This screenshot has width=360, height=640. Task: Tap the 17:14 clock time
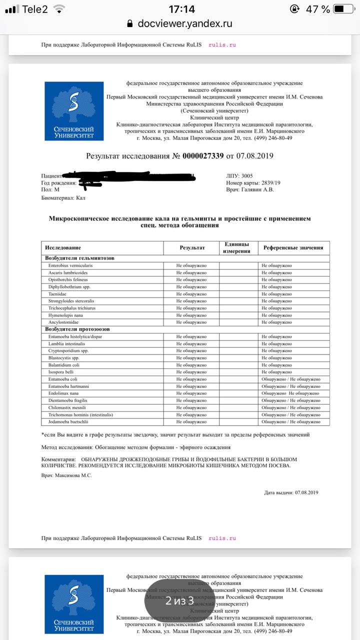(x=181, y=9)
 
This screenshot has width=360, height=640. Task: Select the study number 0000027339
(x=203, y=156)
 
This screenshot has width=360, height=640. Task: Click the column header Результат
(x=192, y=247)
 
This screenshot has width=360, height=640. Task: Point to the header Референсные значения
(x=293, y=247)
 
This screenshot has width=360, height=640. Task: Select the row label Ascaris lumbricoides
(x=68, y=272)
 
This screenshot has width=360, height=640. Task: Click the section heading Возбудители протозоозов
(x=77, y=329)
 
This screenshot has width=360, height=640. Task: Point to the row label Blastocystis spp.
(x=63, y=358)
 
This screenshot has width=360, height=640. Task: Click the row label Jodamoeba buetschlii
(x=68, y=422)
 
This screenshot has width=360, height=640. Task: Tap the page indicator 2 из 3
(x=179, y=600)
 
